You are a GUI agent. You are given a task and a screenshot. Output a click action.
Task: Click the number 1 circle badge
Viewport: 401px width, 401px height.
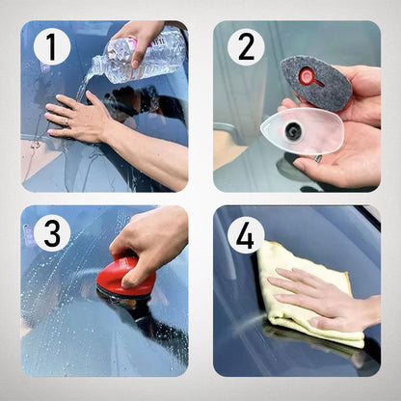[52, 47]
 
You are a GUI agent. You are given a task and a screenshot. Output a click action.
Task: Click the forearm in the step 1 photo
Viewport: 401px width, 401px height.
[154, 154]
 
